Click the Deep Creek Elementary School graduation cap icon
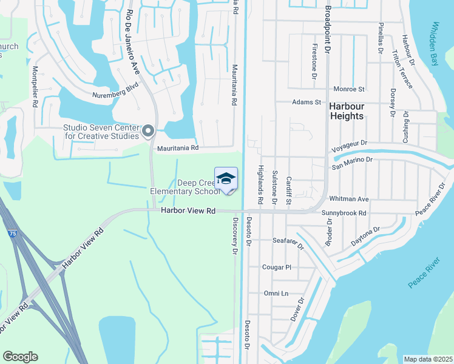click(226, 179)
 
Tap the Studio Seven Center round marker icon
click(147, 131)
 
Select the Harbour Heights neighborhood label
click(346, 111)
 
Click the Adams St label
click(306, 103)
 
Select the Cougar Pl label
click(277, 267)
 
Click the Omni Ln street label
click(276, 294)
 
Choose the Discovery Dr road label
click(235, 237)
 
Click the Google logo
click(20, 357)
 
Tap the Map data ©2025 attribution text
click(427, 359)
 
